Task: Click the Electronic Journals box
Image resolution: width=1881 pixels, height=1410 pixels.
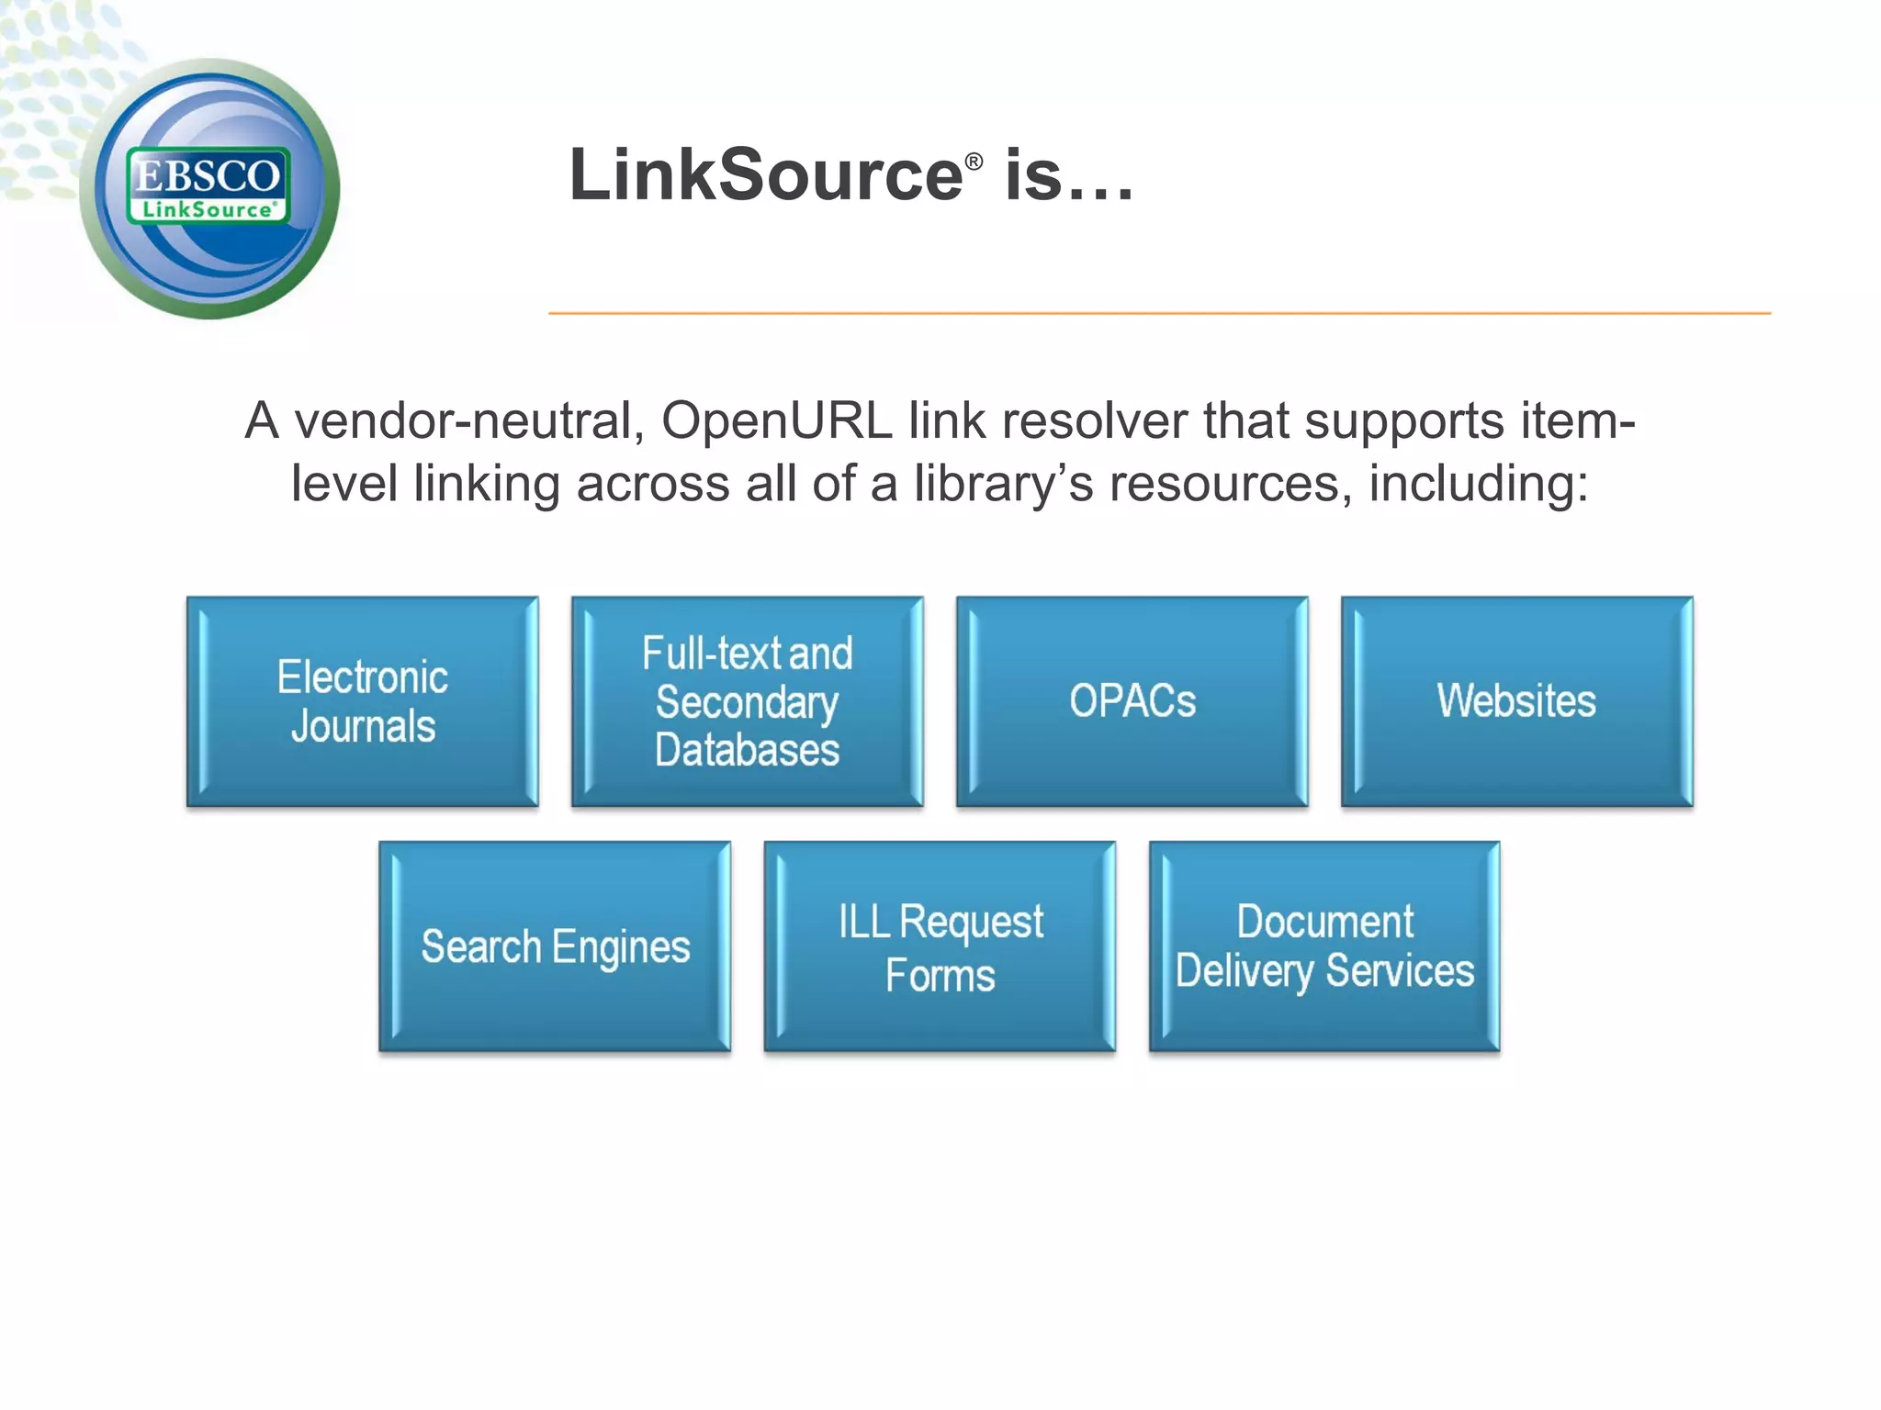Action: coord(363,701)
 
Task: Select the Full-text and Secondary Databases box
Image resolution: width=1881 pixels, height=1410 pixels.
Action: coord(747,701)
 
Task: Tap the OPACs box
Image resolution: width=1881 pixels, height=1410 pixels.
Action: coord(1132,701)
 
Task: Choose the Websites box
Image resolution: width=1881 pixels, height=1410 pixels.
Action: coord(1516,701)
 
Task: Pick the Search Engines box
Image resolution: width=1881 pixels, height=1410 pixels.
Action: coord(555,946)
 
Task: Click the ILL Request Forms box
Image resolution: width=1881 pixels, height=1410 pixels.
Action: coord(940,946)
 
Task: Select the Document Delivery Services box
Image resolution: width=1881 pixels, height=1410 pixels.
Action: coord(1324,946)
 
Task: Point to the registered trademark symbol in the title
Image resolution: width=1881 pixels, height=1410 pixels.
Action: coord(974,162)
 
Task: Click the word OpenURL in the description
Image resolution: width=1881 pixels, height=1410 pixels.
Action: coord(777,421)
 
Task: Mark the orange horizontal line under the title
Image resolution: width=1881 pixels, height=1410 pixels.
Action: coord(1159,314)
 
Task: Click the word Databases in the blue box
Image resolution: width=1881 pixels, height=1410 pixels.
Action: coord(747,750)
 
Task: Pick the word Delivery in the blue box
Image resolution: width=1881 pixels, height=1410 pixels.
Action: coord(1244,971)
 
